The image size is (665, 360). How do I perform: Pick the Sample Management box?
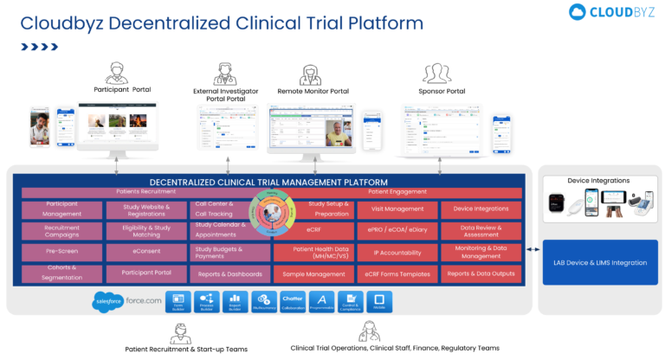coord(313,274)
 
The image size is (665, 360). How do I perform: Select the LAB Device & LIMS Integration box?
coord(595,262)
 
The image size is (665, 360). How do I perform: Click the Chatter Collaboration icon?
coord(293,301)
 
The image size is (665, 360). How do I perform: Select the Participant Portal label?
coord(122,90)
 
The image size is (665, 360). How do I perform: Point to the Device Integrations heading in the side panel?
coord(598,181)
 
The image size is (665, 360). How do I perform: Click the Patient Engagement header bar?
coord(397,192)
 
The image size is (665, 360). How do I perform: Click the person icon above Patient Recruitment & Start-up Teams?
coord(180,333)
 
